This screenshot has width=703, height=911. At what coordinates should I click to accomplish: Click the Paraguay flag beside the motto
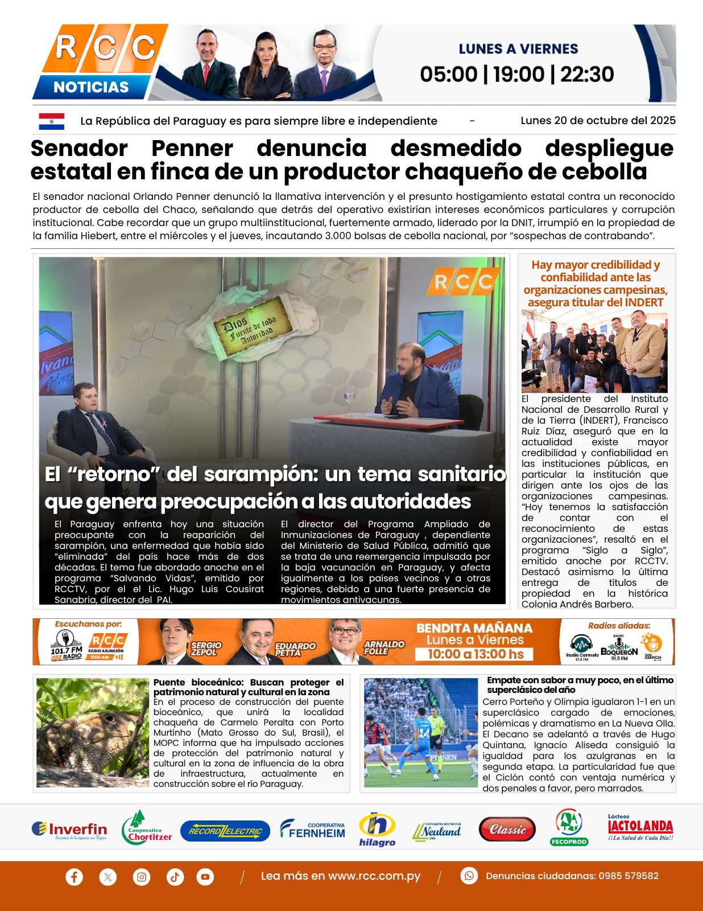[x=51, y=121]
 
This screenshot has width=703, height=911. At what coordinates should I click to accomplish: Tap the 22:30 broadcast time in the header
[x=587, y=75]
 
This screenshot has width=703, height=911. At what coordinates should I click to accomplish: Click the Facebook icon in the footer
[x=74, y=876]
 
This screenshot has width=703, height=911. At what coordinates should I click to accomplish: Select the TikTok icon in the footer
[x=175, y=876]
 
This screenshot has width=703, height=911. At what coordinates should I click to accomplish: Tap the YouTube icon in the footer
[x=205, y=876]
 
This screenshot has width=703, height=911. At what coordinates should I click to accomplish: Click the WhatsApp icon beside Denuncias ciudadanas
[x=469, y=876]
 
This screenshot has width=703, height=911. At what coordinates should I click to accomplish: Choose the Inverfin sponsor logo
[x=69, y=830]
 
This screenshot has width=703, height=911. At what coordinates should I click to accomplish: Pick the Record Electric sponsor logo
[x=225, y=831]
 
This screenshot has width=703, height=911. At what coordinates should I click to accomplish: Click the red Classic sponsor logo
[x=507, y=830]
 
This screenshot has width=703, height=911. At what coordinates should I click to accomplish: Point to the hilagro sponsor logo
[x=377, y=829]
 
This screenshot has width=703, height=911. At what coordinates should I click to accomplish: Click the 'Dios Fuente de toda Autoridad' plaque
[x=253, y=328]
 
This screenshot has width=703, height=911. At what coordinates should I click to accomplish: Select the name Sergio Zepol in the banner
[x=206, y=648]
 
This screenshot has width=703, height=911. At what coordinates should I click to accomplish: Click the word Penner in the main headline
[x=192, y=149]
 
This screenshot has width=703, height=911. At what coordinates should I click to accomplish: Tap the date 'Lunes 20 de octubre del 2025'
[x=598, y=121]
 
